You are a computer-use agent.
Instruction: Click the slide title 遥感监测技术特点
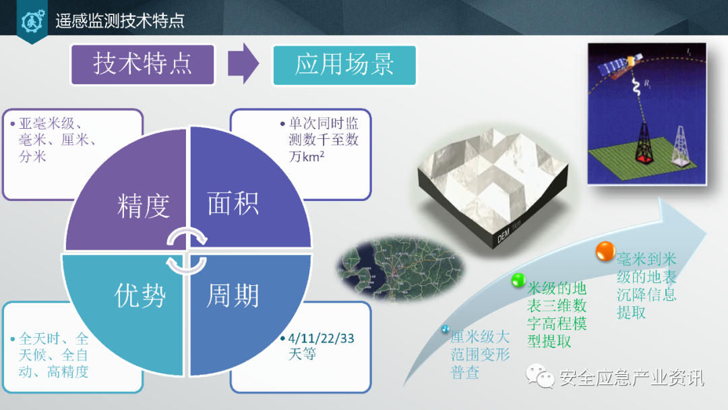tap(120, 22)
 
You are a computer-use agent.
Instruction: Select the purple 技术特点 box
tap(143, 65)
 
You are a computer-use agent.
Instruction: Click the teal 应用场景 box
tap(344, 65)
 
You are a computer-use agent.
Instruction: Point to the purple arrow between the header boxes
tap(243, 65)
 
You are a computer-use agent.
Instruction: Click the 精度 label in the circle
tap(143, 206)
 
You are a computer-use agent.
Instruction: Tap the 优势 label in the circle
tap(140, 295)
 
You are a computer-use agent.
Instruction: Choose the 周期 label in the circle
tap(233, 295)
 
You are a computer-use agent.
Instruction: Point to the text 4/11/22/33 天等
tap(321, 346)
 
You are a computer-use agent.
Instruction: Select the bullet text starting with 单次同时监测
tap(323, 140)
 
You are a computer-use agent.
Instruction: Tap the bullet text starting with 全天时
tap(54, 355)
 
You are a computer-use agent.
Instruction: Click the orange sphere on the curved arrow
tap(605, 252)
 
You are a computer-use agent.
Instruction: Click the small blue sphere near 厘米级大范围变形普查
tap(445, 329)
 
